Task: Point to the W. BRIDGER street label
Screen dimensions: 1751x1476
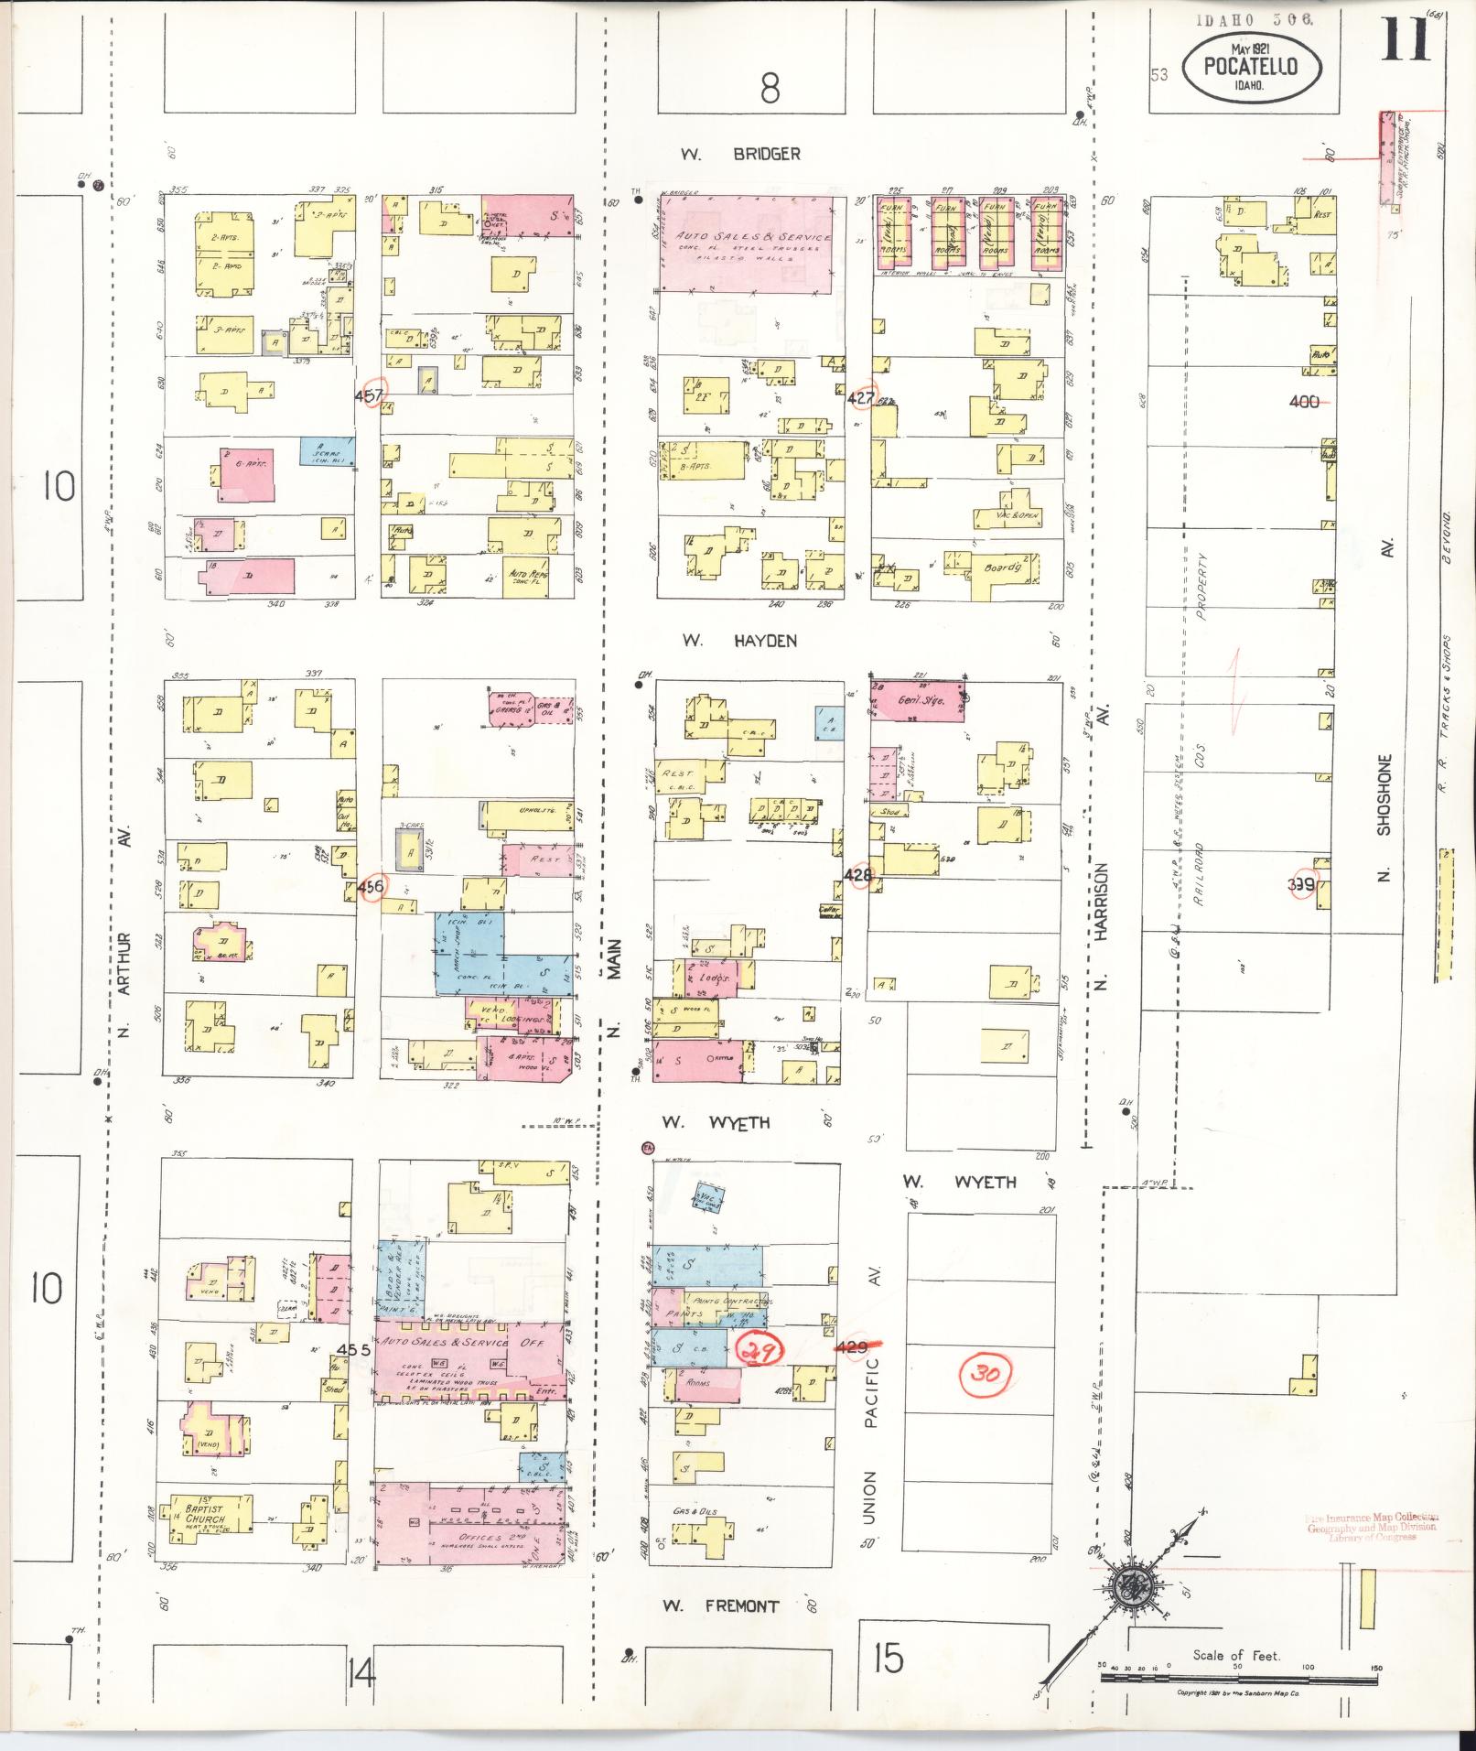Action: coord(740,154)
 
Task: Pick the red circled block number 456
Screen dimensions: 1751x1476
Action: coord(372,886)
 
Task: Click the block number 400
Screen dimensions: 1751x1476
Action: coord(1304,401)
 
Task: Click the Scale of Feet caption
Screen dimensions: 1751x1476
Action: coord(1235,1655)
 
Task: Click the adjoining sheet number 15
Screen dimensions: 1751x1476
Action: coord(888,1658)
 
